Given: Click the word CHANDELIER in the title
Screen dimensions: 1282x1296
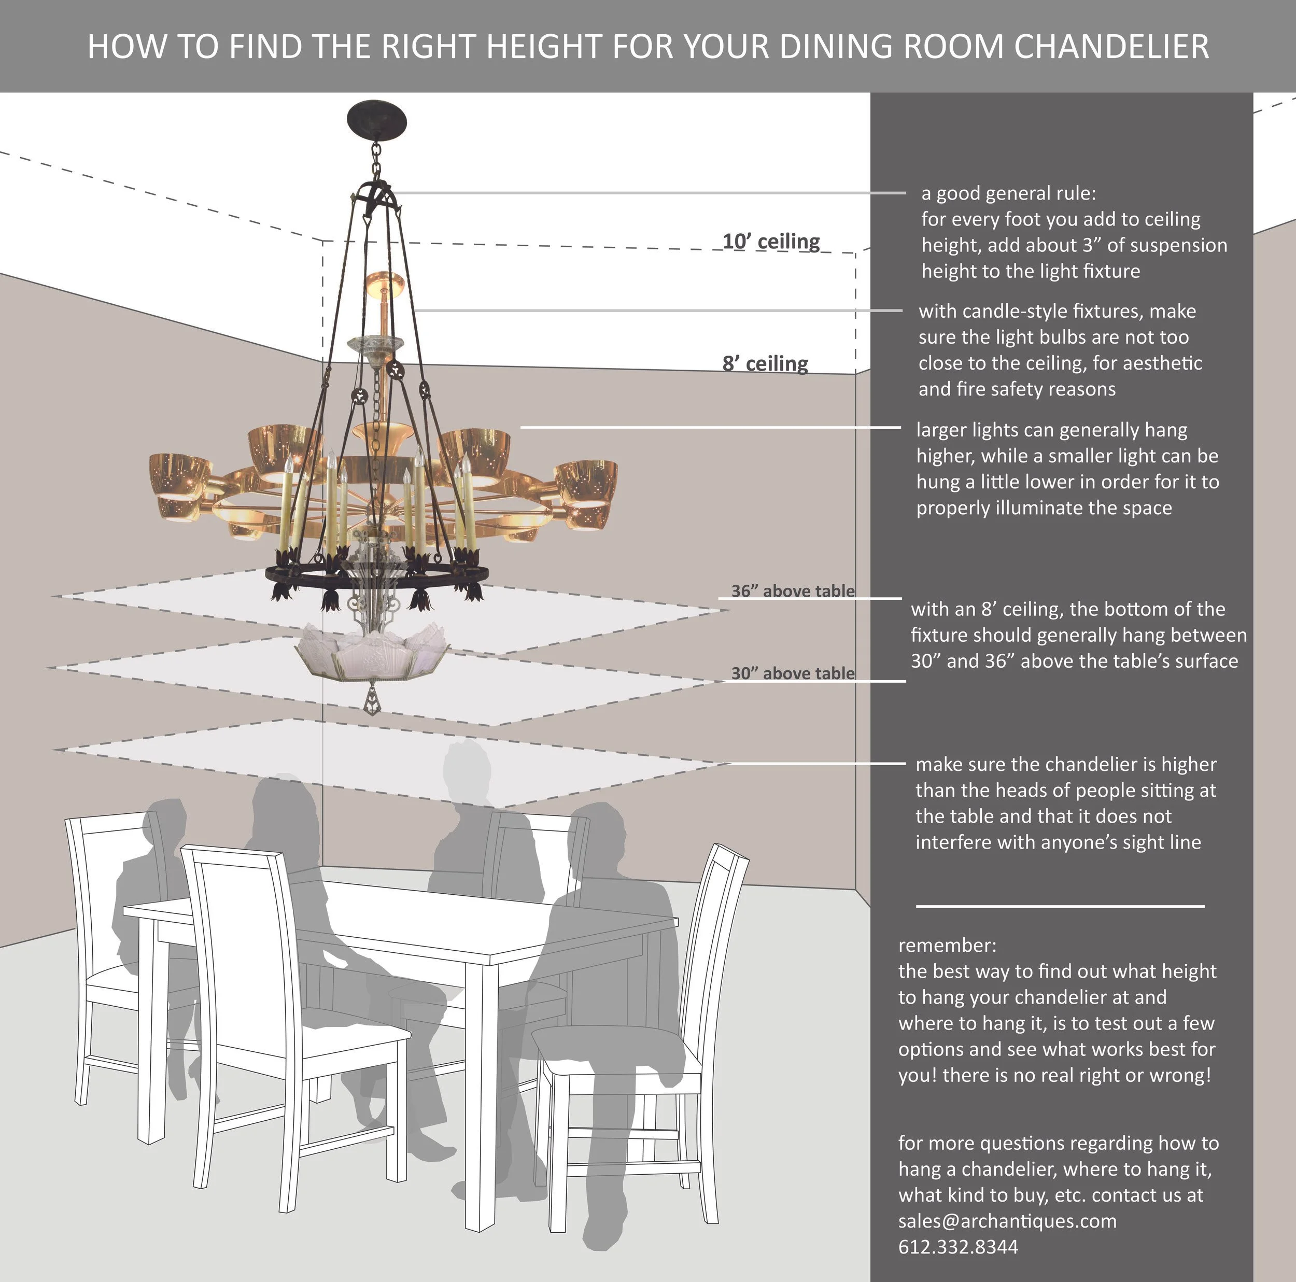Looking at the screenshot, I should click(1111, 46).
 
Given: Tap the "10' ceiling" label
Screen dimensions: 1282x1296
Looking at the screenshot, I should click(771, 242).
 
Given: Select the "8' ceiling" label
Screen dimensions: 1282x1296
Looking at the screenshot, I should click(765, 363).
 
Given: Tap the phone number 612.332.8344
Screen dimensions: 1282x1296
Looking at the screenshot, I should click(958, 1246).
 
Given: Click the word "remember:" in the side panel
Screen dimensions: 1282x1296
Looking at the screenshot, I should click(947, 945).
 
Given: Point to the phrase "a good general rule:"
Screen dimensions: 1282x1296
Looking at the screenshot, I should click(1008, 193).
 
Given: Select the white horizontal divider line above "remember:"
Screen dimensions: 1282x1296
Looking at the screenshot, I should click(1060, 906).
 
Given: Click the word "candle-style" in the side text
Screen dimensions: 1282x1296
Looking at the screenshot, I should click(1015, 311).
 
